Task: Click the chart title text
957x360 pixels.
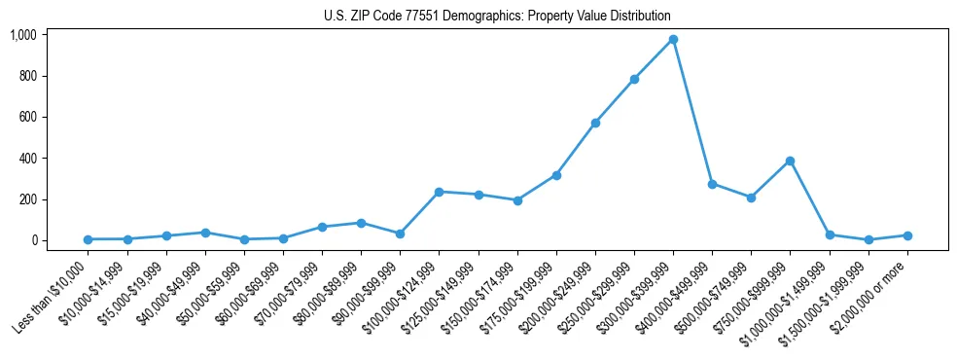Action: (x=497, y=17)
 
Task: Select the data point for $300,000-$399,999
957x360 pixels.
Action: (x=673, y=40)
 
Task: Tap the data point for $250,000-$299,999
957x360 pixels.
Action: (x=634, y=79)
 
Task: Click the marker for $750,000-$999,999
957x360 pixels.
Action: (x=790, y=161)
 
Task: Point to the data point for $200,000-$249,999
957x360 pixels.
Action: (x=595, y=123)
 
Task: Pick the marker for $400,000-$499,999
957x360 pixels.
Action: (x=712, y=184)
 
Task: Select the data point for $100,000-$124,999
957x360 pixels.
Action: (x=439, y=192)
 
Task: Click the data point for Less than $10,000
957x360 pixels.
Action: (x=88, y=239)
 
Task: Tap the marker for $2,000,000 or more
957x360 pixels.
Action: (x=907, y=235)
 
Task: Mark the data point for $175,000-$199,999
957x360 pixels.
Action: (x=556, y=175)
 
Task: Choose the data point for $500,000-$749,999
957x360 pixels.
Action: (x=751, y=198)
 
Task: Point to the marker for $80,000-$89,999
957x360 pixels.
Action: (x=361, y=223)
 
